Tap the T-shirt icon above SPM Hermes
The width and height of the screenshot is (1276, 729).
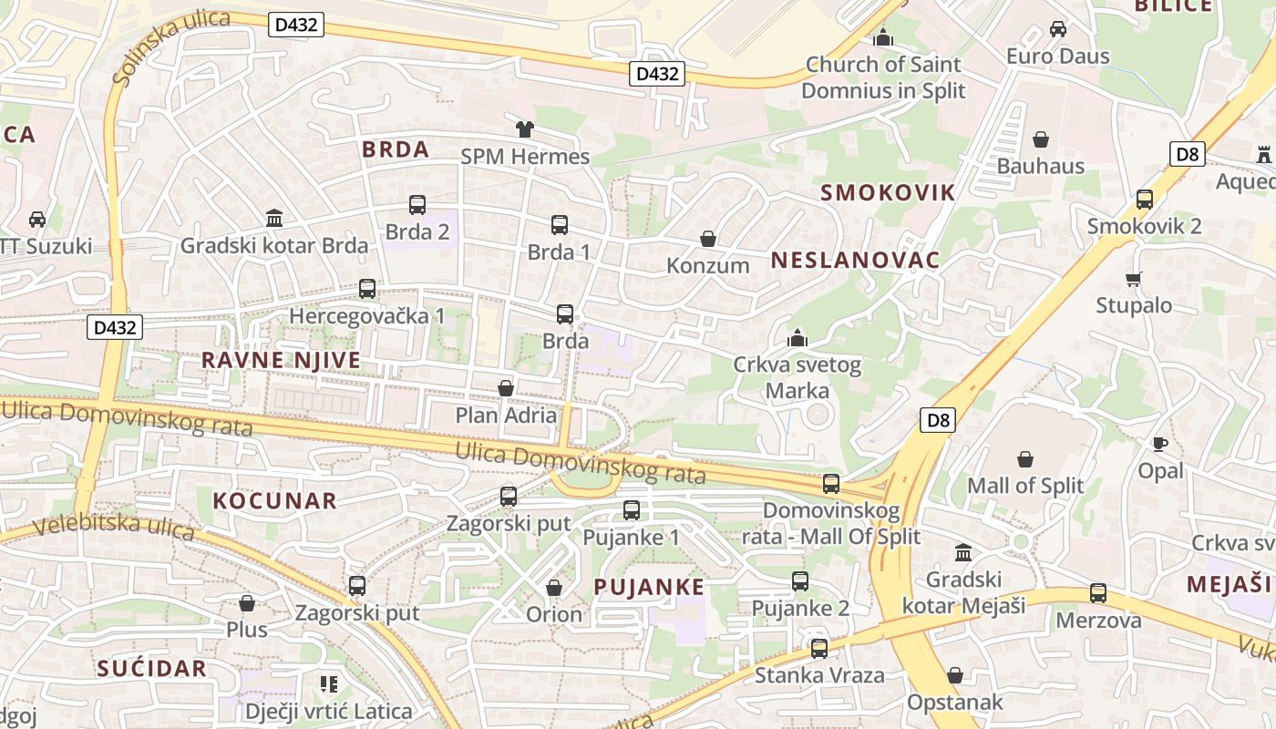(x=524, y=129)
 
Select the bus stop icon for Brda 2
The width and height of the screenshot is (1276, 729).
(x=417, y=205)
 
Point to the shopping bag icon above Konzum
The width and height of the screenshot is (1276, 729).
(x=707, y=239)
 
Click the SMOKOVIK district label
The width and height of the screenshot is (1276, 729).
(x=888, y=192)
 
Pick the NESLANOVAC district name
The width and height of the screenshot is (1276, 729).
(x=855, y=260)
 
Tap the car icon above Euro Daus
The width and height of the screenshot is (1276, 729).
(x=1058, y=29)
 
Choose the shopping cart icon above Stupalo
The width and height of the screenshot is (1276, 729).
(x=1134, y=279)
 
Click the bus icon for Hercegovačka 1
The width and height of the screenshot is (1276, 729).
(x=367, y=289)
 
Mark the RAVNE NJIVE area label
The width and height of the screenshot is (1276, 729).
(x=281, y=360)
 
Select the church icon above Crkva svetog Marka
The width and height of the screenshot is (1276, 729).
(x=797, y=339)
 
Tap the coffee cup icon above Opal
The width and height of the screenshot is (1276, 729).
(x=1160, y=444)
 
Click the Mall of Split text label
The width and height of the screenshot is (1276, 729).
(x=1025, y=486)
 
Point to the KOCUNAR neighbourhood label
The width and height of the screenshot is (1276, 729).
(x=274, y=500)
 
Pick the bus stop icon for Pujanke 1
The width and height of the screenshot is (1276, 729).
(x=632, y=510)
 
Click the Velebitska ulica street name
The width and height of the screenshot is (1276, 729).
(x=114, y=526)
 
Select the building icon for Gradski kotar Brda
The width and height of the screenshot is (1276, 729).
(x=274, y=219)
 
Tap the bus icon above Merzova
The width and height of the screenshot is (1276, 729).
(x=1098, y=593)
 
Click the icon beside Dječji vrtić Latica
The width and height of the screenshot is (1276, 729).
(x=329, y=683)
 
